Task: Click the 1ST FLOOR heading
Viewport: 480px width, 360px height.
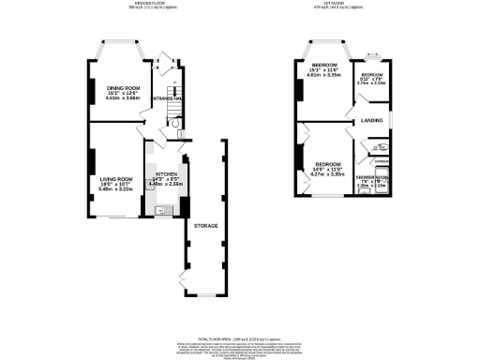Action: coord(349,4)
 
